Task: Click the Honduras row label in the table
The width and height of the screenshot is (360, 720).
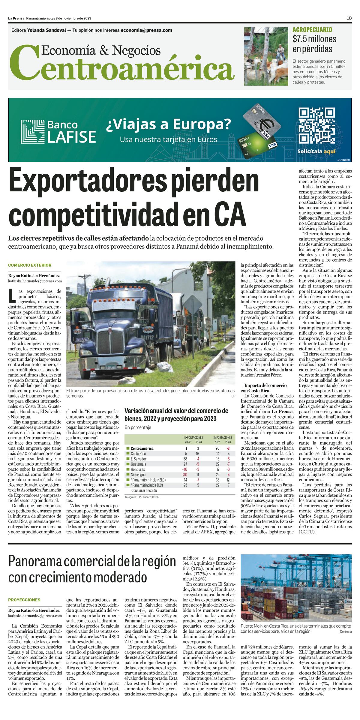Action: point(138,469)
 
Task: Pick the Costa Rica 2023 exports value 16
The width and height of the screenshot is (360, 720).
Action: point(197,454)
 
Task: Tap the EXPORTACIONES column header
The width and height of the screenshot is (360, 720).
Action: point(193,438)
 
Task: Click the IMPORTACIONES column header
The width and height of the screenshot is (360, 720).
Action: point(222,438)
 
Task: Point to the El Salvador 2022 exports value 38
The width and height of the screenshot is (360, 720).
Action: point(185,459)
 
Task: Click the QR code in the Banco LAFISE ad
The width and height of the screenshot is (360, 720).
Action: point(316,125)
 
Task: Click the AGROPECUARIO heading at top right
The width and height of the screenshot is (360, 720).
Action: point(312,30)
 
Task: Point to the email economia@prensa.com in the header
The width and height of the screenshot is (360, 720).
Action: point(146,30)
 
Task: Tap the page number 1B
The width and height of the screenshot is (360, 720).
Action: point(349,18)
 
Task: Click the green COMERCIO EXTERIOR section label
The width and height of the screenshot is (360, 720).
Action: point(30,265)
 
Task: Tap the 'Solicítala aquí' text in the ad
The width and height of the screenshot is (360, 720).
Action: point(316,151)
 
